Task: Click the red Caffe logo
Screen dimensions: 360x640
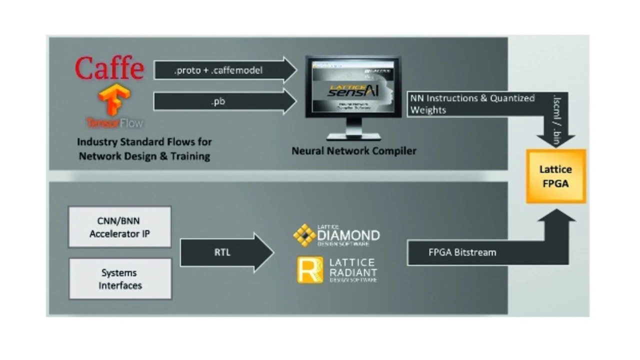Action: (109, 68)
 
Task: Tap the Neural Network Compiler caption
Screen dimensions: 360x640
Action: (353, 150)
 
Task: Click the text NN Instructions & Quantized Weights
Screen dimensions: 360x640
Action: (472, 104)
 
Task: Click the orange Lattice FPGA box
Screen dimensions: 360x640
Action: (555, 176)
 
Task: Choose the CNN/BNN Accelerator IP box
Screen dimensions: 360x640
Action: (119, 227)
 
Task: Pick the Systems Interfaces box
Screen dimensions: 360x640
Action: (120, 279)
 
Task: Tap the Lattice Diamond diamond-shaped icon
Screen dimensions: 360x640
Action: (304, 235)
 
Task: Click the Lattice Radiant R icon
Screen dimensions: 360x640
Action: (310, 270)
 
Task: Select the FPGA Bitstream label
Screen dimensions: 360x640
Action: (462, 252)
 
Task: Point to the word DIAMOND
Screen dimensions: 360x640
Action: (348, 235)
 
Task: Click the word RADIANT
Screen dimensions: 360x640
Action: (353, 272)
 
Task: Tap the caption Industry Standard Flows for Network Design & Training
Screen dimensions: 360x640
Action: (144, 149)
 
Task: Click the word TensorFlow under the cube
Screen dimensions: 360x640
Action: (114, 122)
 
